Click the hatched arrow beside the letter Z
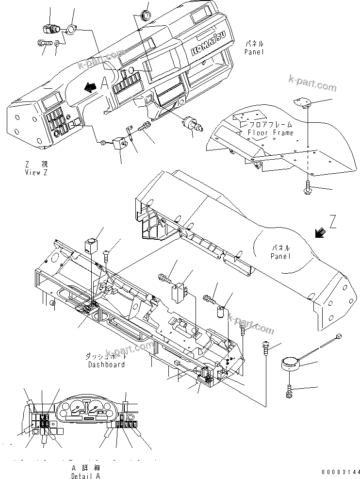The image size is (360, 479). coord(320,233)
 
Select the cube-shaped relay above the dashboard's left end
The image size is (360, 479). coord(90,246)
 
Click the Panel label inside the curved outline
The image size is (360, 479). coord(281,252)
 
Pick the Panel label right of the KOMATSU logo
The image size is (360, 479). coord(254,47)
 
